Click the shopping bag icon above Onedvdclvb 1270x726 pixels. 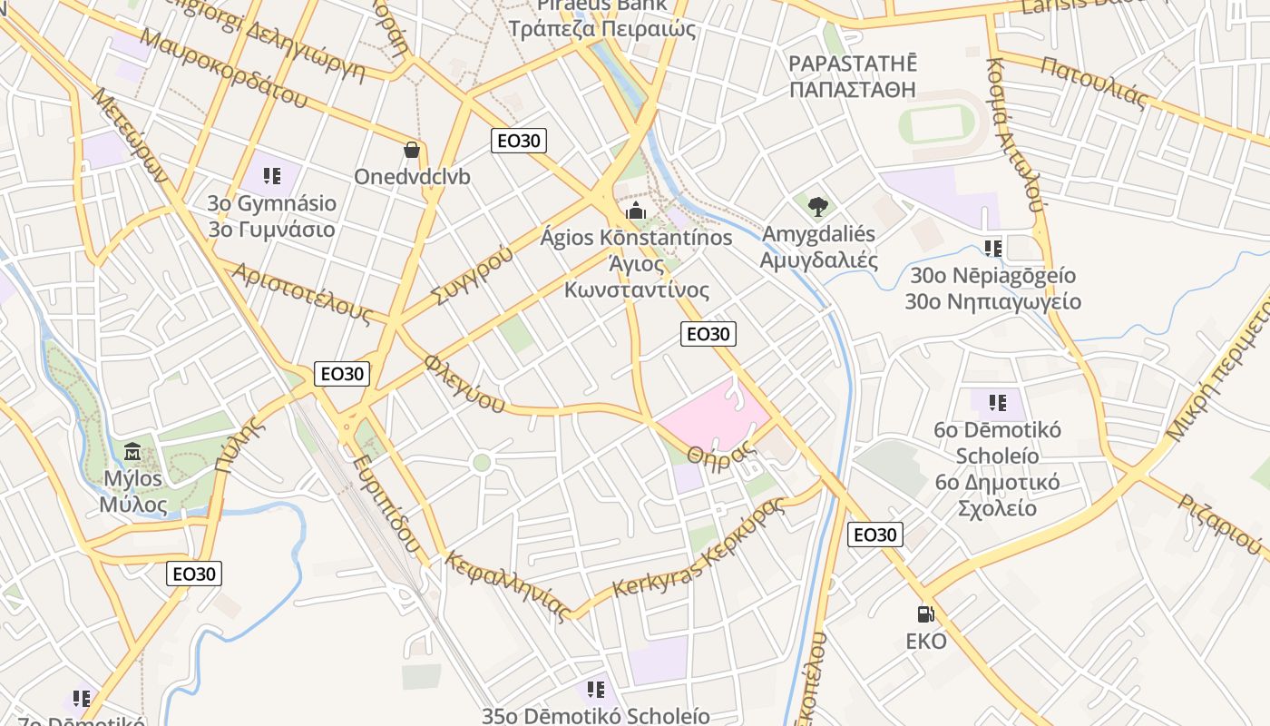pyautogui.click(x=412, y=150)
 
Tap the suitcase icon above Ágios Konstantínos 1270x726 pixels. pyautogui.click(x=635, y=212)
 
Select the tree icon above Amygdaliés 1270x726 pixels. pyautogui.click(x=818, y=206)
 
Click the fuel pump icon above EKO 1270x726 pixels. pyautogui.click(x=925, y=614)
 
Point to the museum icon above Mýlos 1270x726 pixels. pyautogui.click(x=132, y=450)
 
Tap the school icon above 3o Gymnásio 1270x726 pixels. pyautogui.click(x=271, y=175)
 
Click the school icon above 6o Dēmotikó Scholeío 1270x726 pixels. pyautogui.click(x=998, y=402)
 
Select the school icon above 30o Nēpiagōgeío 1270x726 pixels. pyautogui.click(x=992, y=248)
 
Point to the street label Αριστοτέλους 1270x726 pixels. pyautogui.click(x=301, y=293)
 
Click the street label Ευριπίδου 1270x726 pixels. pyautogui.click(x=387, y=505)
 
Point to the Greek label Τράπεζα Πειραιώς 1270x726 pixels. pyautogui.click(x=602, y=29)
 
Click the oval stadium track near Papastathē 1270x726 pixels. pyautogui.click(x=943, y=123)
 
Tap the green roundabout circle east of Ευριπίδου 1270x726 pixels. pyautogui.click(x=482, y=463)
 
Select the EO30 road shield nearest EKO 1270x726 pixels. pyautogui.click(x=875, y=535)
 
